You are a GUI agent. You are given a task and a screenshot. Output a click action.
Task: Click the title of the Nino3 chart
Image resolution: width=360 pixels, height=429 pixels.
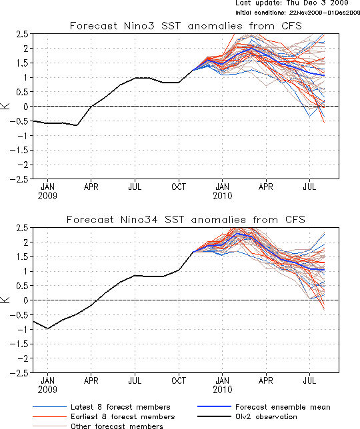[186, 26]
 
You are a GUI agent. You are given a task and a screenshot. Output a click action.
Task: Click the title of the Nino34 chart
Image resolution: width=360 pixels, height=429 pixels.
[186, 220]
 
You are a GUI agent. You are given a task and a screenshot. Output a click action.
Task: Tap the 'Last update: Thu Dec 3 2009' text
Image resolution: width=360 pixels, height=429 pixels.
[292, 3]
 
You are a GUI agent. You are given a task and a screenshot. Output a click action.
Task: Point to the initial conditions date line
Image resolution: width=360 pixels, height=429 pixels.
[297, 13]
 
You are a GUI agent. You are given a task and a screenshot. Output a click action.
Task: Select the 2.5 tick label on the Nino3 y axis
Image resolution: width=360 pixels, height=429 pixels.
[22, 34]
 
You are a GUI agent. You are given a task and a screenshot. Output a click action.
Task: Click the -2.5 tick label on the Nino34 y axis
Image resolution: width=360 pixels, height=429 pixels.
[19, 373]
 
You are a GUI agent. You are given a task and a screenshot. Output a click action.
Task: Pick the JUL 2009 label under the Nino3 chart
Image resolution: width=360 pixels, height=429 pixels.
[135, 187]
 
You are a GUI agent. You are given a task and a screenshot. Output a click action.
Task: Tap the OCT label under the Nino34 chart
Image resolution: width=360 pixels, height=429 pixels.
[179, 380]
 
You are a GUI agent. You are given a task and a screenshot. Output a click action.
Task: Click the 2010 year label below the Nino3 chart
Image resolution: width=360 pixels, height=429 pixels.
[223, 196]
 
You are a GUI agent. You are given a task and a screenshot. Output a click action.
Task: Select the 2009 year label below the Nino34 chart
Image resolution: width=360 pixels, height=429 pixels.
[47, 390]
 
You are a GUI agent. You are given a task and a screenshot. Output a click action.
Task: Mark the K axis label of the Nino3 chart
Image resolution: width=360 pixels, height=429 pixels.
[5, 106]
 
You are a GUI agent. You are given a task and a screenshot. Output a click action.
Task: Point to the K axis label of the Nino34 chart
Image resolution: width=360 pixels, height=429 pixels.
[5, 300]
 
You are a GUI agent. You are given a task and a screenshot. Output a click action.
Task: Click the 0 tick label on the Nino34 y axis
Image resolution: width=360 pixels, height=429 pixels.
[26, 300]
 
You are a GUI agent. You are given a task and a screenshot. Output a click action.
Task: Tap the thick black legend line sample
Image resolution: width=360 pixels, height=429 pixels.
[214, 417]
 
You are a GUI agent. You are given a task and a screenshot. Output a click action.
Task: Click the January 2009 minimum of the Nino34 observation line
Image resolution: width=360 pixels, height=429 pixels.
[47, 328]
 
